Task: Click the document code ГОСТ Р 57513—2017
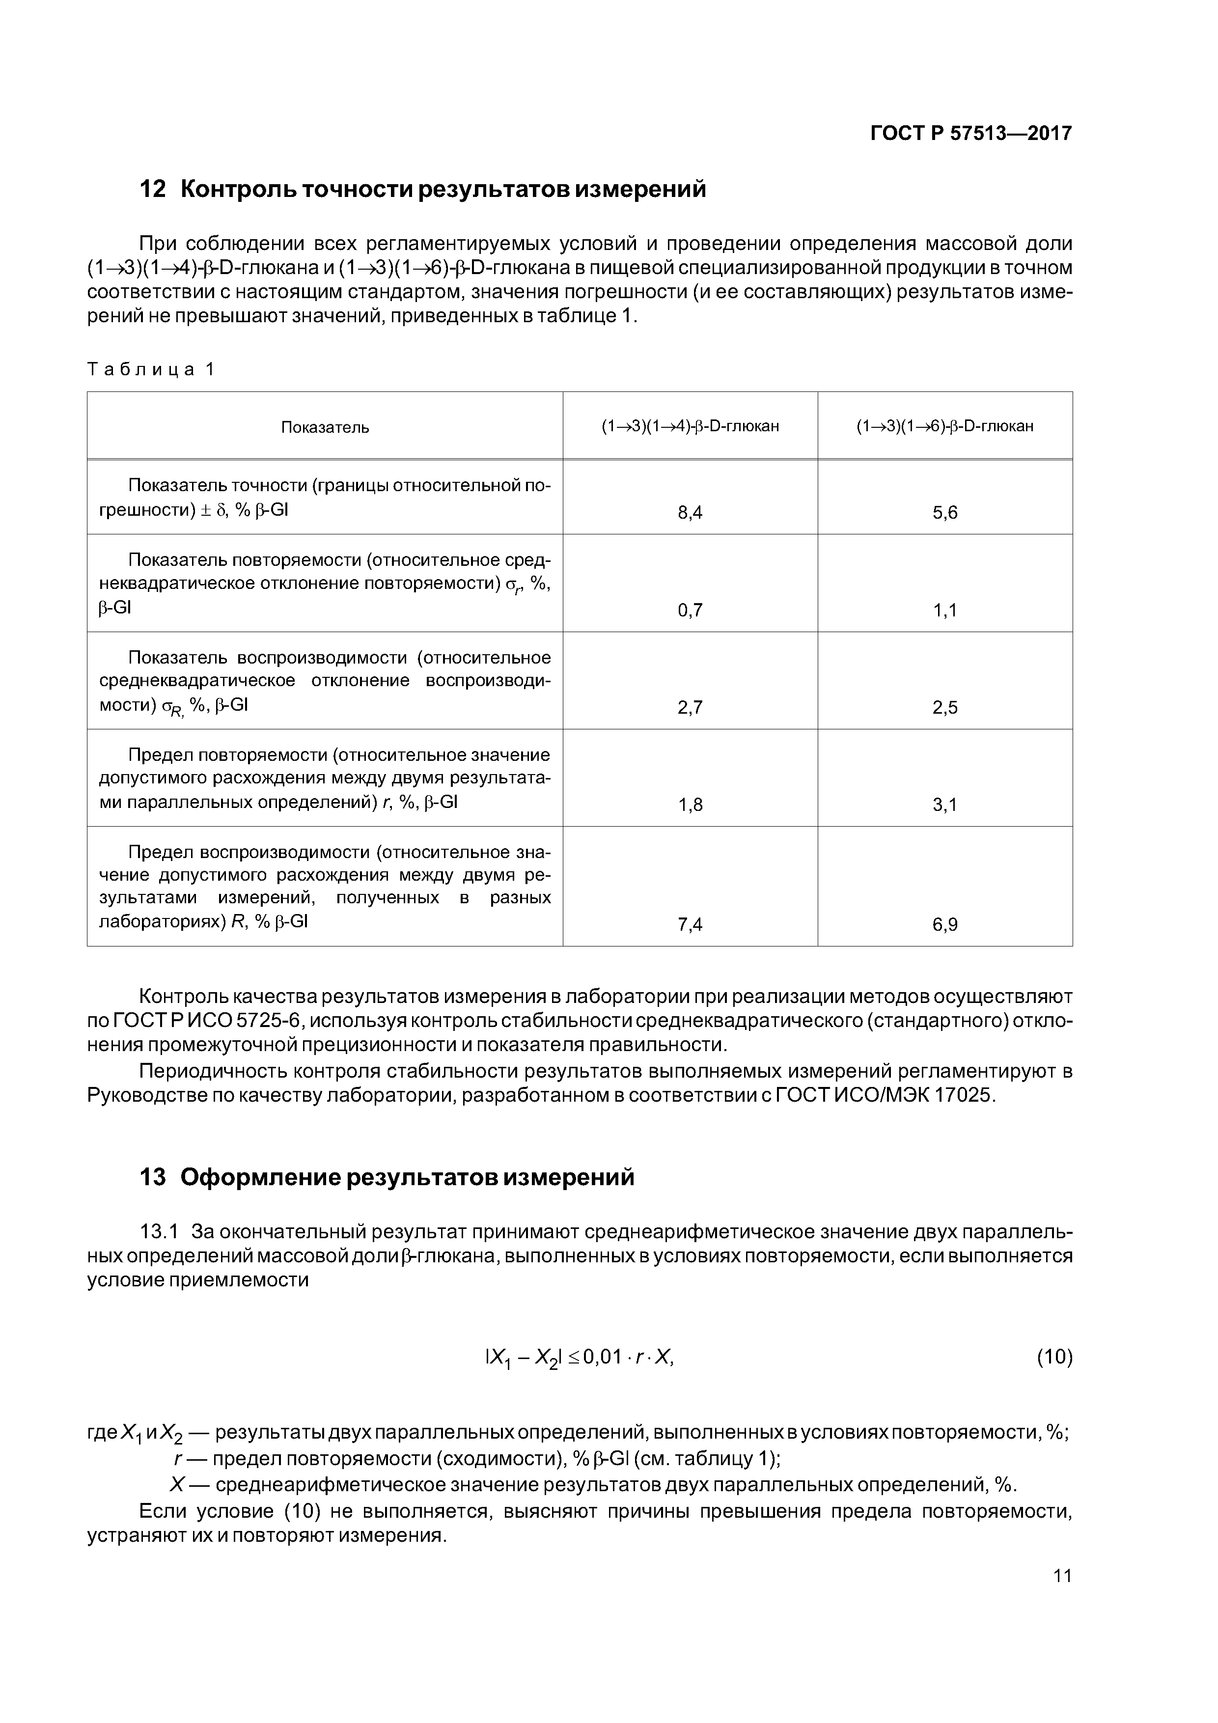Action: pyautogui.click(x=970, y=134)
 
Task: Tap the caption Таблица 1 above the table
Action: pyautogui.click(x=151, y=369)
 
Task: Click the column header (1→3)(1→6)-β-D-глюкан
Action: pyautogui.click(x=945, y=426)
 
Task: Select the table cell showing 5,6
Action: pyautogui.click(x=945, y=513)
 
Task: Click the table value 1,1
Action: pyautogui.click(x=945, y=610)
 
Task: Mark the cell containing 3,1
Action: pyautogui.click(x=945, y=805)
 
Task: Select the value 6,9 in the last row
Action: pyautogui.click(x=945, y=924)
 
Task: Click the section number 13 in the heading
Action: pyautogui.click(x=153, y=1177)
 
